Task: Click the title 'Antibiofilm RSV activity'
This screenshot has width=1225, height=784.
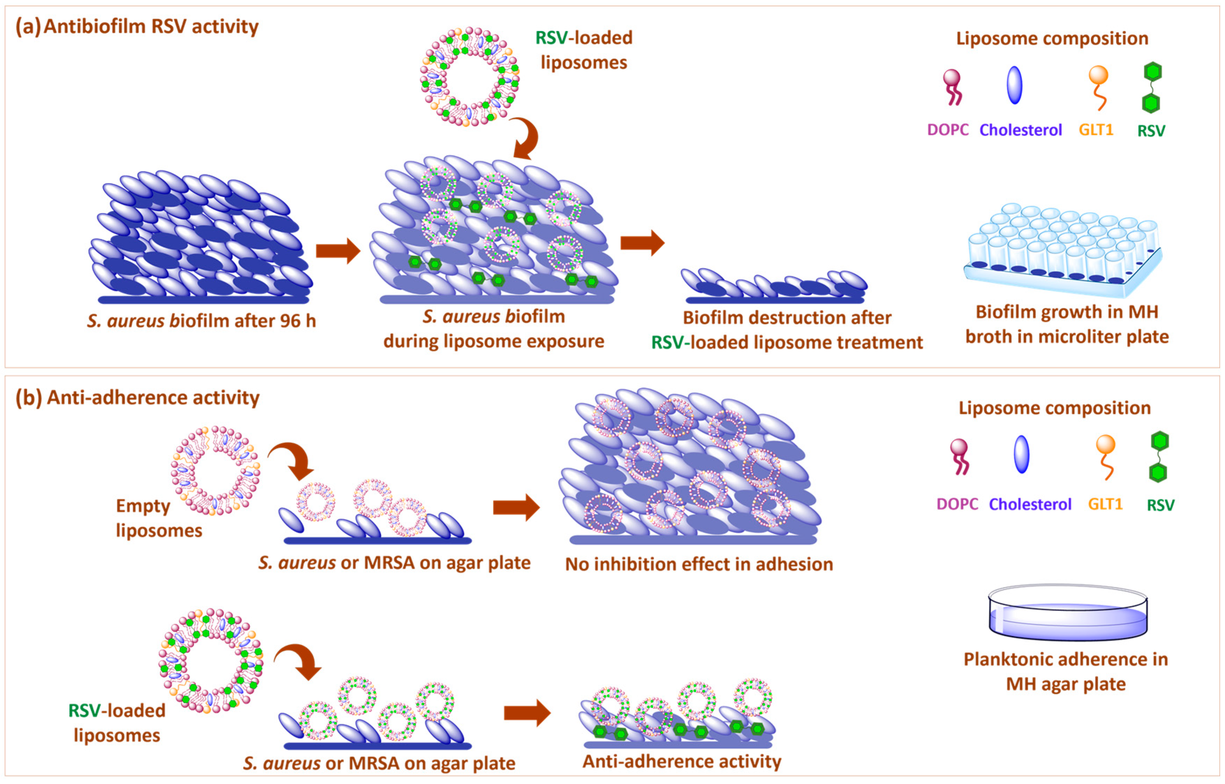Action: pos(151,27)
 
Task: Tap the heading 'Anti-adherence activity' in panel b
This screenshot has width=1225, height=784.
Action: pos(153,398)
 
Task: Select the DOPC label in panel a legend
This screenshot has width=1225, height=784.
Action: pos(948,130)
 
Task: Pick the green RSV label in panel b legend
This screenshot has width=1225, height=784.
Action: pos(1160,506)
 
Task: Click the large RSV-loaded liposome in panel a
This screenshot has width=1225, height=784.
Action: pos(470,76)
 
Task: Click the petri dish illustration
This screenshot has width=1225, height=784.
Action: pos(1068,612)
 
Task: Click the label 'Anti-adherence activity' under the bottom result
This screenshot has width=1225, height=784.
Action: pos(682,762)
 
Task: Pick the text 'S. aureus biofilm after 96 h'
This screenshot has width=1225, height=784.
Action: pos(201,321)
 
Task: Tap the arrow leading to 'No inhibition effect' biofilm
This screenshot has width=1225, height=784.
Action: pos(516,507)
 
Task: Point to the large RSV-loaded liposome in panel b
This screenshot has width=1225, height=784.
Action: pos(210,660)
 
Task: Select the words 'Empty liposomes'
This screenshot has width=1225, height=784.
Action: pos(158,518)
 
